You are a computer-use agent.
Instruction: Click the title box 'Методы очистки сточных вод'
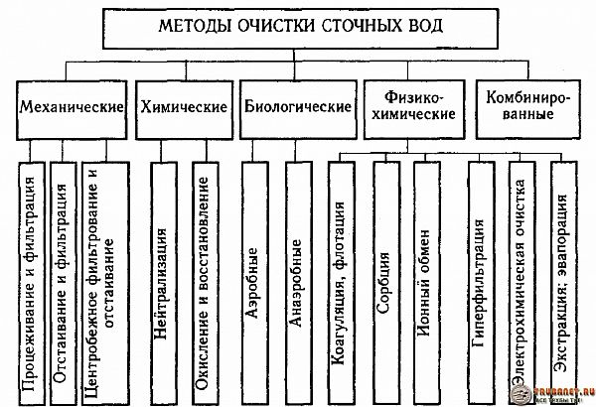297,29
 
